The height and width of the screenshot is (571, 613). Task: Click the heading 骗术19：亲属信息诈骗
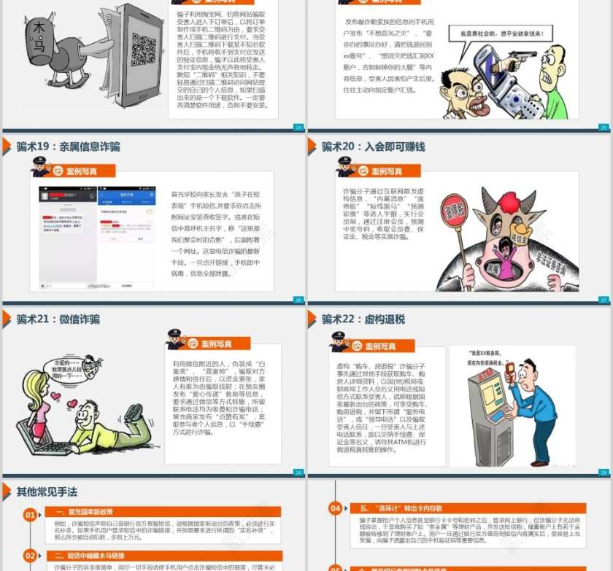[x=68, y=147]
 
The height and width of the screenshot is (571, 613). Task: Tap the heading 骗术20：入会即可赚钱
[x=373, y=147]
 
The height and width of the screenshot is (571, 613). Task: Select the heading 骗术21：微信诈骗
[x=58, y=319]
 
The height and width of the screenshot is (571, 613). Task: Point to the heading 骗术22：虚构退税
[x=363, y=319]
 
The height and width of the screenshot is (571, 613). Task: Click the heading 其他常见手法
[x=47, y=492]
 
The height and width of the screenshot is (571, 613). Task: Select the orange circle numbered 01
[x=30, y=515]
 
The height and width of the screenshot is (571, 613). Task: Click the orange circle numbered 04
[x=335, y=508]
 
